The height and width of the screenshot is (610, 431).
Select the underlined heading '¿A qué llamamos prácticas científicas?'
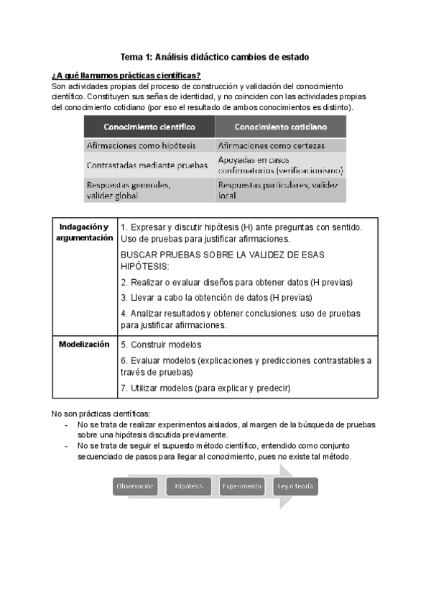126,76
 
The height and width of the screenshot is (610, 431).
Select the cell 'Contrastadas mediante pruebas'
147,165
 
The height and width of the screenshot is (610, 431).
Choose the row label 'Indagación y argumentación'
85,232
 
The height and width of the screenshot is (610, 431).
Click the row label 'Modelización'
84,345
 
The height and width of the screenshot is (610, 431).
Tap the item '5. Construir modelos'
161,345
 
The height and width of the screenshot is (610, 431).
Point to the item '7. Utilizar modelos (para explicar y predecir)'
205,388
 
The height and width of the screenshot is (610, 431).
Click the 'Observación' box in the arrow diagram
135,487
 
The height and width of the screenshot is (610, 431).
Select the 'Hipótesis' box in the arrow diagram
189,487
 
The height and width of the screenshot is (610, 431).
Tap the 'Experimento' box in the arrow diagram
241,487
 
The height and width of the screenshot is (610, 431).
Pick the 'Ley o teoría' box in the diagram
295,487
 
